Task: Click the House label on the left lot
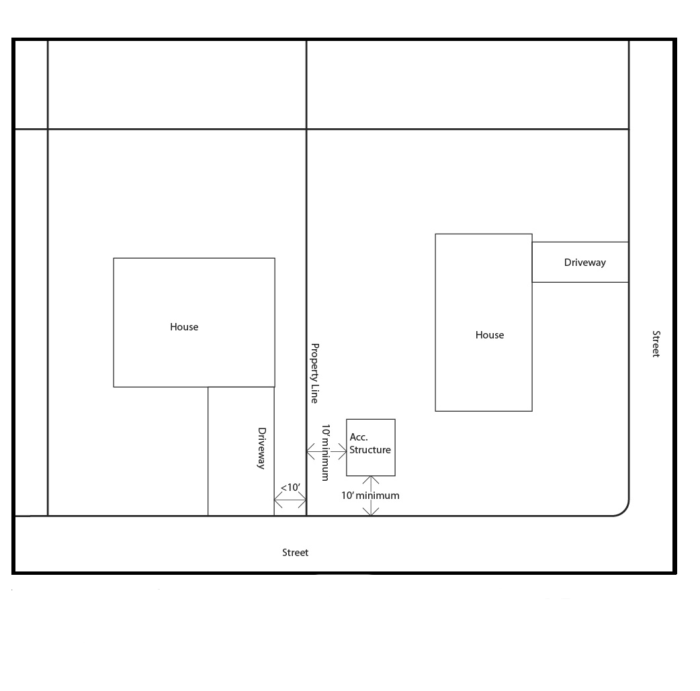(184, 327)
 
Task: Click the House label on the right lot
(490, 335)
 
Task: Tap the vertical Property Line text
(315, 373)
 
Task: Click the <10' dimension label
(290, 487)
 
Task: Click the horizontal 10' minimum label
(370, 496)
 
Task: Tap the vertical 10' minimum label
(326, 452)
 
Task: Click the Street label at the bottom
(295, 553)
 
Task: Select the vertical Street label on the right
(656, 344)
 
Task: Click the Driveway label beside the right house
(585, 263)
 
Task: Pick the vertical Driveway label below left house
(261, 448)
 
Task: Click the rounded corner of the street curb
(624, 511)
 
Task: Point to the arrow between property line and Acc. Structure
(326, 452)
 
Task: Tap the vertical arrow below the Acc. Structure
(371, 496)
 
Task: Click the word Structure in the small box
(370, 450)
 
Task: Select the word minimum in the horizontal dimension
(378, 496)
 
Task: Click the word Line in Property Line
(315, 394)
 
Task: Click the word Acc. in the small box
(359, 437)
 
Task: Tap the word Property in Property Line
(315, 361)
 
